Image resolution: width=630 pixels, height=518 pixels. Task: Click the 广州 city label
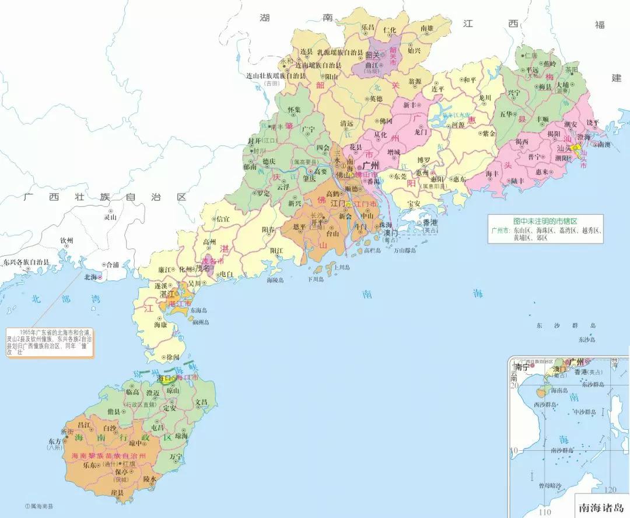point(371,166)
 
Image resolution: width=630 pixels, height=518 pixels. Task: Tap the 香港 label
point(430,223)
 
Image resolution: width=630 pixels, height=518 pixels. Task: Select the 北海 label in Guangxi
point(91,277)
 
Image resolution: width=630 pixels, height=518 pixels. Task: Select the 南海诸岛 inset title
point(600,508)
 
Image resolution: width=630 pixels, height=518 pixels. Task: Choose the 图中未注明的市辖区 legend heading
point(545,221)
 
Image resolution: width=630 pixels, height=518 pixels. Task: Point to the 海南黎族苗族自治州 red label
point(107,455)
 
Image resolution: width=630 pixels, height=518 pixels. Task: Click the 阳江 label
point(276,250)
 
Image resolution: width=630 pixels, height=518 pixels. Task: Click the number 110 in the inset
point(545,512)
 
